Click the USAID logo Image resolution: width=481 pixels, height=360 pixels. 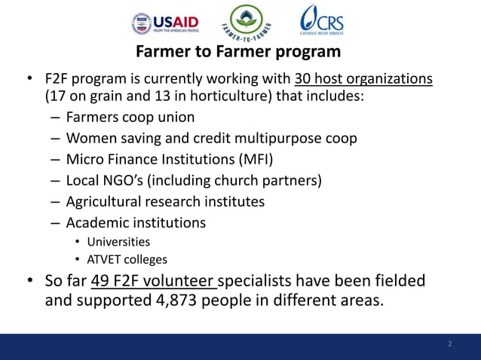coord(165,23)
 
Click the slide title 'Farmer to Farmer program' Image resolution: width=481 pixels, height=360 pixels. coord(237,53)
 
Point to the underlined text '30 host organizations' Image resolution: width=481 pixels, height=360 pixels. coord(363,79)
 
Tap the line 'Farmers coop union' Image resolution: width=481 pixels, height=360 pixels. coord(130,118)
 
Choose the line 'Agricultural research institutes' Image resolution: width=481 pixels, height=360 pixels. coord(165,203)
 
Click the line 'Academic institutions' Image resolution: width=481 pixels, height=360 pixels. coord(136,223)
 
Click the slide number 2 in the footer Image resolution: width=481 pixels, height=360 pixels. coord(450,344)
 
